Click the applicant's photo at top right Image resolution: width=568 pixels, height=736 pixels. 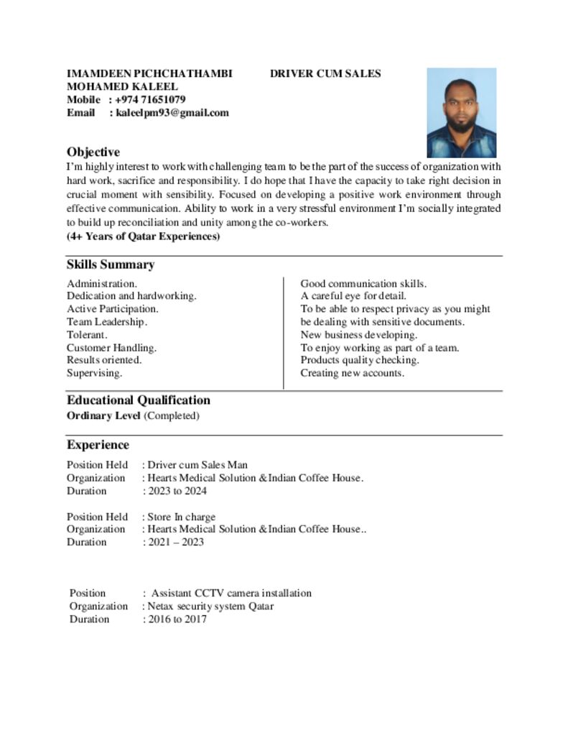click(x=461, y=113)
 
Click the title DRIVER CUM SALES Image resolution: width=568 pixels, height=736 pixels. click(x=325, y=73)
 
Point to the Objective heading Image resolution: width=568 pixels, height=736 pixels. click(x=93, y=152)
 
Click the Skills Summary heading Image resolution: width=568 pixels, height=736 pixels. click(x=111, y=264)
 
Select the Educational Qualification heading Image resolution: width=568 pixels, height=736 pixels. click(x=139, y=400)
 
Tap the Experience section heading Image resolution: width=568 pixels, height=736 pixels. click(x=98, y=444)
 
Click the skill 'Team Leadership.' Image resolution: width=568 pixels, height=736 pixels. click(x=107, y=322)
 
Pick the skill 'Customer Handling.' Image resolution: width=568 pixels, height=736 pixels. click(x=111, y=348)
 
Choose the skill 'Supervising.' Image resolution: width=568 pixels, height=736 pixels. click(x=94, y=373)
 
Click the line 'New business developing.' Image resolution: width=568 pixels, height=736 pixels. click(x=358, y=335)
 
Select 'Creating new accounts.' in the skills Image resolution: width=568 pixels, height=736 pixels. click(x=353, y=373)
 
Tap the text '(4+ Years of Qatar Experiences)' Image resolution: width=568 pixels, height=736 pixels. click(x=144, y=236)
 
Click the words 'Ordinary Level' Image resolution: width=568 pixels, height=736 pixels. click(x=103, y=415)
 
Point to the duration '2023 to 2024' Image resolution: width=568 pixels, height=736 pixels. click(x=177, y=491)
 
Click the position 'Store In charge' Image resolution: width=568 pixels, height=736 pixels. click(x=181, y=517)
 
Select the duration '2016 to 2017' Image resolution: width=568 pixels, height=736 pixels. click(x=177, y=619)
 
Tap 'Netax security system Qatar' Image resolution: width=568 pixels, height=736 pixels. click(x=210, y=606)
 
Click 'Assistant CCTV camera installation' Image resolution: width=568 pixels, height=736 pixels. click(x=231, y=593)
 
